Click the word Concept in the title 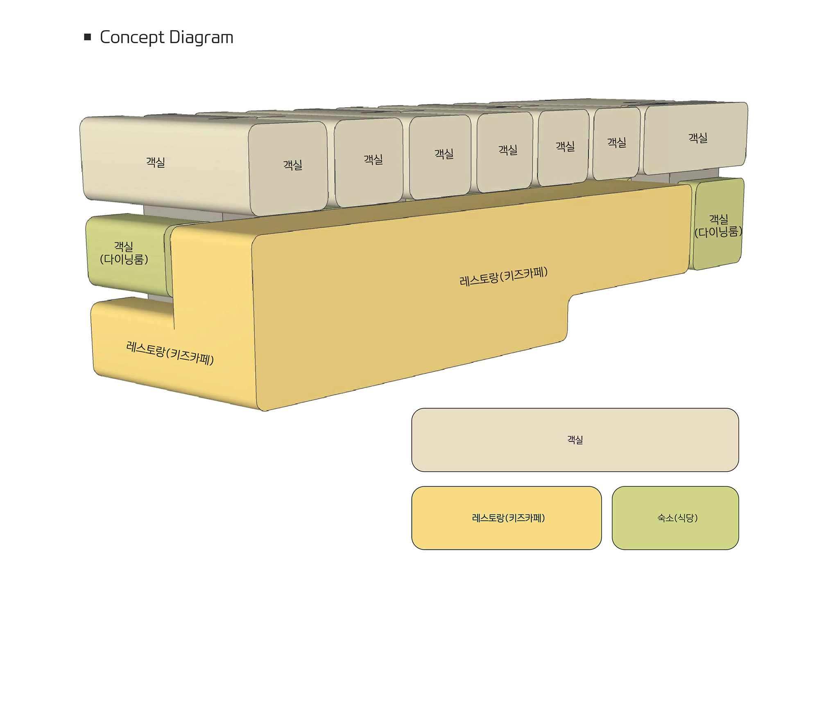click(x=131, y=38)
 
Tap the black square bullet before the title click(x=87, y=37)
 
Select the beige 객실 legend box click(x=575, y=440)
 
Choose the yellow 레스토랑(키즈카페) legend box click(x=507, y=518)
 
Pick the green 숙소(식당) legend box click(x=675, y=518)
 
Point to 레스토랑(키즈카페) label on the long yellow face click(x=504, y=276)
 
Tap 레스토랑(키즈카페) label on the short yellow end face click(x=170, y=353)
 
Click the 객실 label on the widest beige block click(x=156, y=162)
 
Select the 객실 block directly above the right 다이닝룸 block click(x=696, y=138)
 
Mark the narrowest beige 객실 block click(x=616, y=143)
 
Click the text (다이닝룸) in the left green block click(x=124, y=259)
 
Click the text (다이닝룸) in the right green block click(x=719, y=232)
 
